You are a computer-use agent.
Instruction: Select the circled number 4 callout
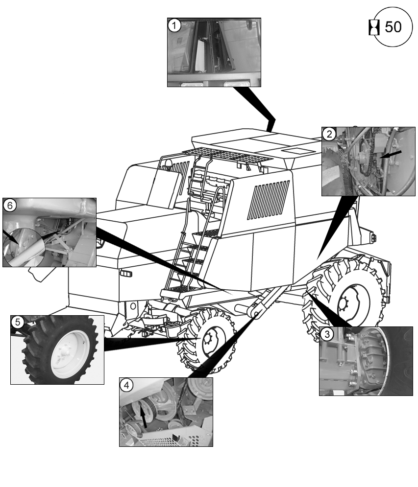[x=127, y=385]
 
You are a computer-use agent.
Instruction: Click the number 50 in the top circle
[x=393, y=27]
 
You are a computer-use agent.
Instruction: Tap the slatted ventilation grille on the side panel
[x=268, y=199]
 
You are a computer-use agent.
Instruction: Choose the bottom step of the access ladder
[x=179, y=289]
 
